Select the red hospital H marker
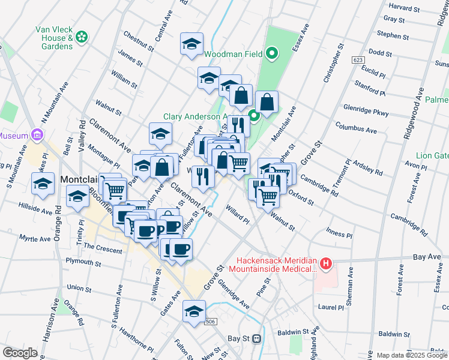(x=325, y=263)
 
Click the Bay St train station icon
(x=256, y=339)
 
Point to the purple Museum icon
(x=37, y=136)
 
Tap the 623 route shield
(x=358, y=60)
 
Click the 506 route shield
(x=209, y=322)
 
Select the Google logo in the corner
(x=20, y=353)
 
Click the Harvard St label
(x=403, y=8)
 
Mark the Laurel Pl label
(x=331, y=307)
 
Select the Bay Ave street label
(x=427, y=257)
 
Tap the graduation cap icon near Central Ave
(x=191, y=45)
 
